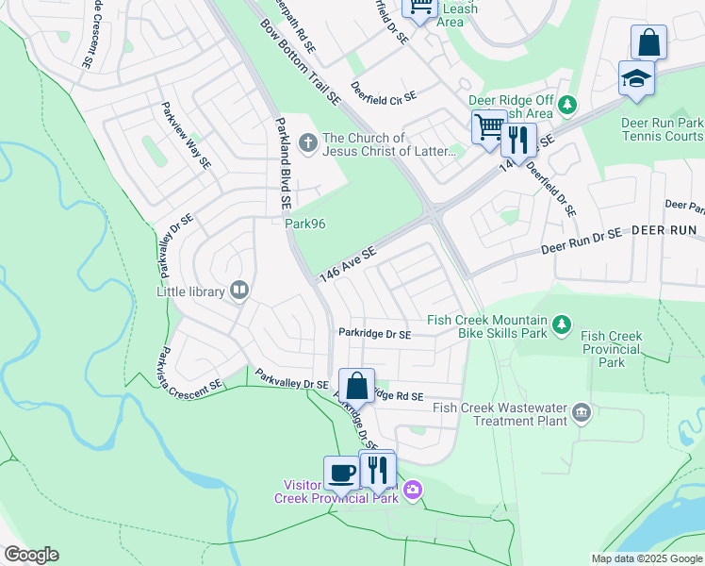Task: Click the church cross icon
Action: point(307,143)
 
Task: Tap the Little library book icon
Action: point(239,291)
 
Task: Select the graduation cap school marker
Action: point(636,78)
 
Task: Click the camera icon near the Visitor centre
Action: point(412,490)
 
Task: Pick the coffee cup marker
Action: point(341,473)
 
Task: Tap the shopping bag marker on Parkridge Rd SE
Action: point(356,386)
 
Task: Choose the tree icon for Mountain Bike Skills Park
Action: point(562,325)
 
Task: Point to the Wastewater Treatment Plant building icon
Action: point(582,412)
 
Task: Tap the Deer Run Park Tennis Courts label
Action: point(662,129)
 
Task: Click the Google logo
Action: point(31,555)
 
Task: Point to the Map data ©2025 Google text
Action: point(646,558)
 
